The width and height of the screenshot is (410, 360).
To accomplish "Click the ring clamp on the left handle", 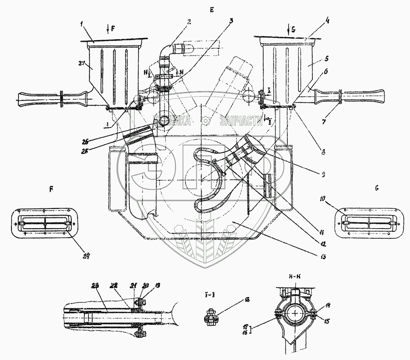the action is pos(61,100).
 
